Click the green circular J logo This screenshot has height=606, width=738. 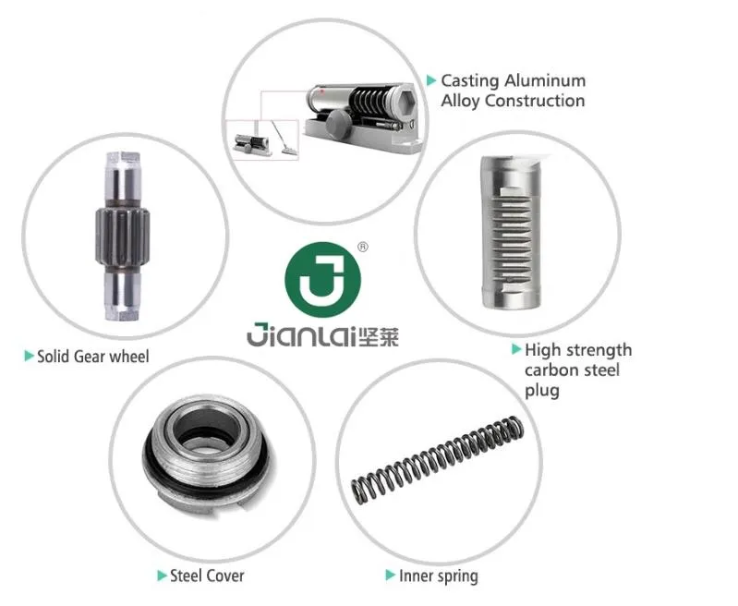coord(323,280)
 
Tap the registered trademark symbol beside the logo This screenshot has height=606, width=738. coord(363,247)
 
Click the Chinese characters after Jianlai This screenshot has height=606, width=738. coord(379,336)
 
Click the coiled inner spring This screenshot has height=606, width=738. coord(437,460)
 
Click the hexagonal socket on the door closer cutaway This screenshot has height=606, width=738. coord(405,101)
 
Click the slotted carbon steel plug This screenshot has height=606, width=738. coord(510,233)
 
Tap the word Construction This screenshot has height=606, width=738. coord(535,101)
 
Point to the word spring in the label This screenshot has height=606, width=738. coord(455,576)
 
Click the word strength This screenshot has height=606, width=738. coord(599,351)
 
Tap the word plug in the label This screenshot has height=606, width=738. coord(542,392)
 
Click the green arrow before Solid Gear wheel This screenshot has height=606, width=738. coord(30,356)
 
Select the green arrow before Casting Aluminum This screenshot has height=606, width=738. coord(431,80)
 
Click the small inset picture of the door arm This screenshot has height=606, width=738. coord(284,139)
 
